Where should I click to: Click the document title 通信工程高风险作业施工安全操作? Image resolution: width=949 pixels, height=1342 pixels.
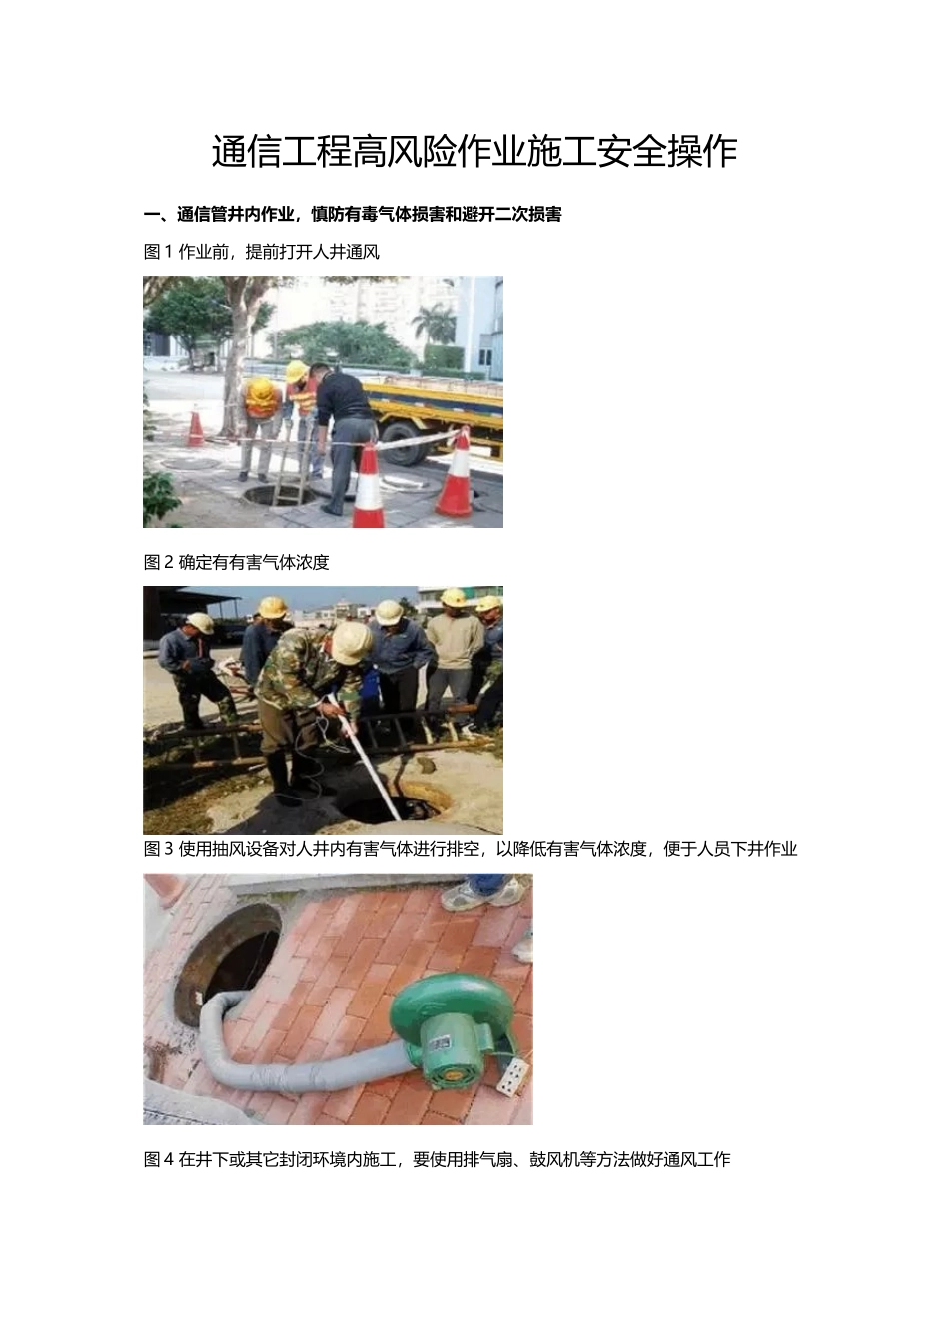(474, 152)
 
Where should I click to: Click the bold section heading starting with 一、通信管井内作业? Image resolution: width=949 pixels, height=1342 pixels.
(353, 214)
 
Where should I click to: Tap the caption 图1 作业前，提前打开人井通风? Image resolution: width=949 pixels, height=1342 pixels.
(262, 252)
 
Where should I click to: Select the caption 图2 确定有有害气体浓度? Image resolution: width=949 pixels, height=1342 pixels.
(237, 562)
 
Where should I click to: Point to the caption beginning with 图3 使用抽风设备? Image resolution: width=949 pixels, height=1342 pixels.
(471, 849)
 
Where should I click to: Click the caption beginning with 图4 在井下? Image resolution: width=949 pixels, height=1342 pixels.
(438, 1159)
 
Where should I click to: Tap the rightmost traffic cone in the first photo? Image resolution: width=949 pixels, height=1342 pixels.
(457, 474)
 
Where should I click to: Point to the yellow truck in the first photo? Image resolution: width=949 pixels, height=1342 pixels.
(440, 409)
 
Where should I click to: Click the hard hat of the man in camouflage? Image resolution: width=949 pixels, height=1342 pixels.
(352, 643)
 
